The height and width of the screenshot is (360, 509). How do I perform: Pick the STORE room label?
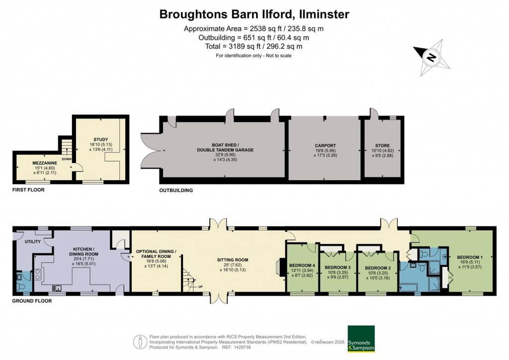383,146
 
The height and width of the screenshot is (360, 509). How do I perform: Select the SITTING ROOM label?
233,260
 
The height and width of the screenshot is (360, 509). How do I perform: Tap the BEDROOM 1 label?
470,257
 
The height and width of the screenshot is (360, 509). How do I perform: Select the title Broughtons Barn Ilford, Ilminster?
254,14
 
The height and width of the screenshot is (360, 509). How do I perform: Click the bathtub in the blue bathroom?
415,287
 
